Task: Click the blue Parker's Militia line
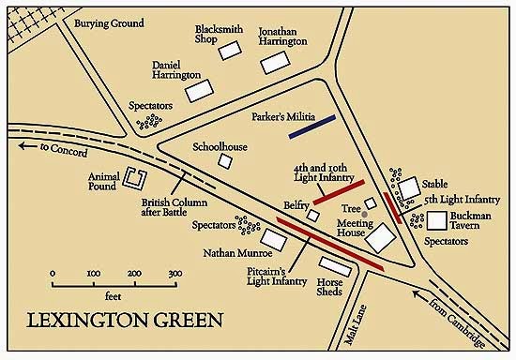[312, 128]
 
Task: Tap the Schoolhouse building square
[225, 161]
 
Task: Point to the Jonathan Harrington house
[273, 63]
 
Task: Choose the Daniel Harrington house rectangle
[200, 90]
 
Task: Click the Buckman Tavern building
[438, 219]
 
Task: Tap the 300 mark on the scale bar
[174, 274]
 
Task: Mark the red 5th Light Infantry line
[392, 208]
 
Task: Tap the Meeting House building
[380, 238]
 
